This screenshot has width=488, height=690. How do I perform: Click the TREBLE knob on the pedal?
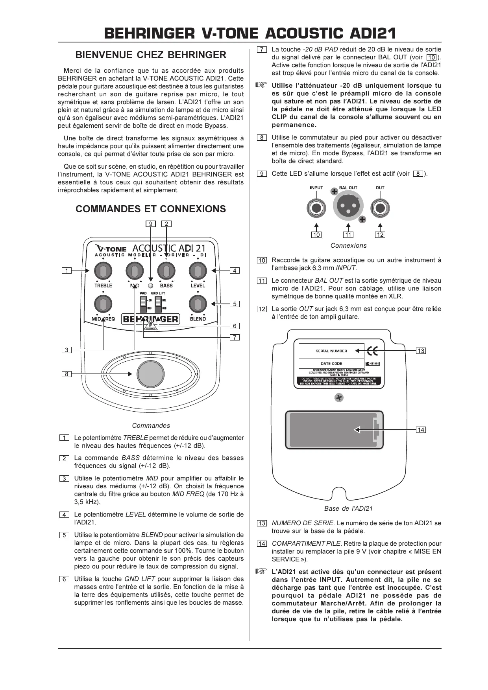pyautogui.click(x=103, y=271)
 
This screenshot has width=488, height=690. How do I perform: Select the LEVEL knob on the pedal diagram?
pyautogui.click(x=198, y=271)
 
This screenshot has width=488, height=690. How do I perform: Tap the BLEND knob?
pyautogui.click(x=198, y=304)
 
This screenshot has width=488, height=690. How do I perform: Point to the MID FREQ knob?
pyautogui.click(x=103, y=304)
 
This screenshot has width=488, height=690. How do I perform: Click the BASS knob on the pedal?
pyautogui.click(x=166, y=271)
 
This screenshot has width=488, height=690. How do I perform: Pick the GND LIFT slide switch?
pyautogui.click(x=158, y=303)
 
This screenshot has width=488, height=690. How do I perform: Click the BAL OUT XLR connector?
pyautogui.click(x=348, y=207)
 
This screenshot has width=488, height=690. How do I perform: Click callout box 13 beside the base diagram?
pyautogui.click(x=421, y=351)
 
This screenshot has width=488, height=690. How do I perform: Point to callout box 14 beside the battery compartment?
pyautogui.click(x=421, y=430)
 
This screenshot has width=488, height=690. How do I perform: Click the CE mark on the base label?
pyautogui.click(x=372, y=350)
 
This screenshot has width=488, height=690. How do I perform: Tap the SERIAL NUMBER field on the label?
pyautogui.click(x=331, y=351)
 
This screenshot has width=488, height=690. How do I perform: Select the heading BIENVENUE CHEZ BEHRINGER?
pyautogui.click(x=151, y=55)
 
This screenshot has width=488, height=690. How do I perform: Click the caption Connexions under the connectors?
pyautogui.click(x=348, y=246)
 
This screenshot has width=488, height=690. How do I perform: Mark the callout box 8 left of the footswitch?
pyautogui.click(x=67, y=374)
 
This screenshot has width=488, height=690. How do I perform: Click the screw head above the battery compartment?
pyautogui.click(x=339, y=397)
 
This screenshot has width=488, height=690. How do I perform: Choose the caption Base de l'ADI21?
pyautogui.click(x=348, y=508)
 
